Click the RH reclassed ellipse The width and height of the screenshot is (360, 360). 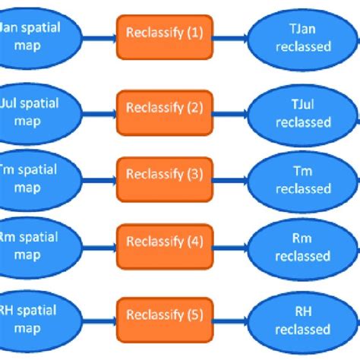(x=302, y=321)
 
